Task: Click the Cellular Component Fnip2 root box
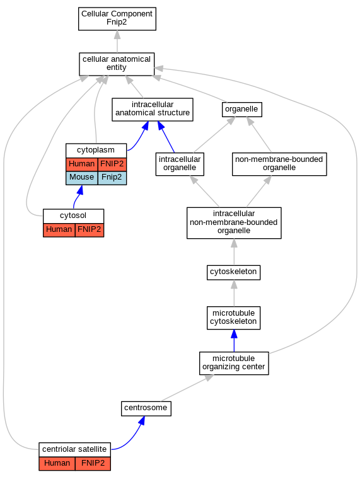pos(117,19)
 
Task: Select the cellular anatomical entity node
pos(117,64)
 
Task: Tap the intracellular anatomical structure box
pos(153,110)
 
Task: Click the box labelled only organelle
pos(242,110)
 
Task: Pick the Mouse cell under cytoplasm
pos(82,178)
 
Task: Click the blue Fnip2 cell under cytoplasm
pos(112,178)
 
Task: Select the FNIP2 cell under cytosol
pos(90,230)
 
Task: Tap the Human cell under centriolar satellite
pos(57,464)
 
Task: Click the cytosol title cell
pos(73,216)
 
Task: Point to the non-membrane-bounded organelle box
pos(279,164)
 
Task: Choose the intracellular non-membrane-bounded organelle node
pos(234,223)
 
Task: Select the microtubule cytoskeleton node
pos(234,318)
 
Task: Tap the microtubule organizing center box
pos(234,363)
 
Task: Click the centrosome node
pos(146,408)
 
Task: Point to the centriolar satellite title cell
pos(74,450)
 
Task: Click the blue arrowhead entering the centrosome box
pos(141,420)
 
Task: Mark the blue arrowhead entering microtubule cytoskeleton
pos(234,334)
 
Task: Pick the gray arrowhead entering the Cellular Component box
pos(117,35)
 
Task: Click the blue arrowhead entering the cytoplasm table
pos(80,190)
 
